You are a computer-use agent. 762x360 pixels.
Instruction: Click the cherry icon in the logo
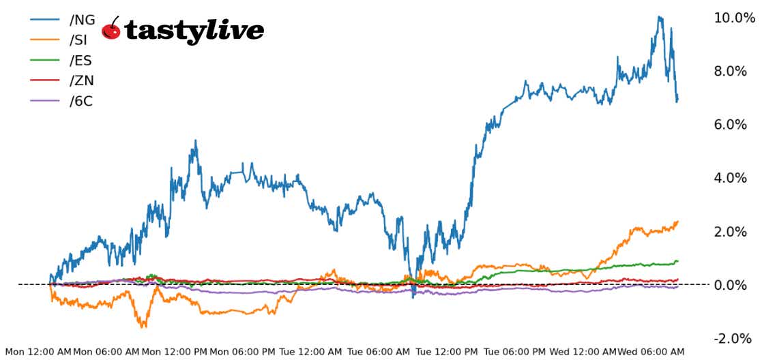(112, 29)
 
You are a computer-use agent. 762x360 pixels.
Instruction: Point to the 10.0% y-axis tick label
(734, 18)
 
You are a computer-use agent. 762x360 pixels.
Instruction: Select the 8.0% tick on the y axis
(737, 71)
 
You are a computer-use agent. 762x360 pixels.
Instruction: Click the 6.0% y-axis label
(737, 124)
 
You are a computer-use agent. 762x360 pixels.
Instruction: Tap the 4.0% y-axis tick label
(737, 178)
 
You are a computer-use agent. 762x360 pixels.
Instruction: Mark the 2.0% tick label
(737, 231)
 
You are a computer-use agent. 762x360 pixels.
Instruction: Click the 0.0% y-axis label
(737, 284)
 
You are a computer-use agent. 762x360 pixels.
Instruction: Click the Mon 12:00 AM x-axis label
(38, 352)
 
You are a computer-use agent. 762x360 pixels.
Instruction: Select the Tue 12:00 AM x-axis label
(311, 352)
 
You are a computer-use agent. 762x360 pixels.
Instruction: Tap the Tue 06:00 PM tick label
(516, 352)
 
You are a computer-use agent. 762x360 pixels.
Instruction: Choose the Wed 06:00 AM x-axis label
(651, 352)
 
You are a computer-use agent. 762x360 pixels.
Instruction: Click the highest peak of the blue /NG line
(659, 16)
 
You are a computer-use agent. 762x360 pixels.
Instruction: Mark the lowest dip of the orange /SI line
(143, 327)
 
